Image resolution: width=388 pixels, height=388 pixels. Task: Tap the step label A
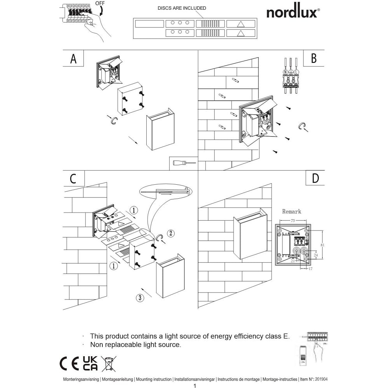(73, 59)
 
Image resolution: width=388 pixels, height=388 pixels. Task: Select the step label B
(314, 58)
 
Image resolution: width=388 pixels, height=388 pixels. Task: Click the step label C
(73, 178)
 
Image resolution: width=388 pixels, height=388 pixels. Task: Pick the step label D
(315, 178)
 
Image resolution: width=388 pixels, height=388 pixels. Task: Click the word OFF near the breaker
(100, 3)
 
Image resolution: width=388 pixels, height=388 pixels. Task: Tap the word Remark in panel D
(291, 211)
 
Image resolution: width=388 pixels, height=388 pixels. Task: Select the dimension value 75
(293, 220)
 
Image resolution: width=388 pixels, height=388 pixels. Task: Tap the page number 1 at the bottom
(194, 386)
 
